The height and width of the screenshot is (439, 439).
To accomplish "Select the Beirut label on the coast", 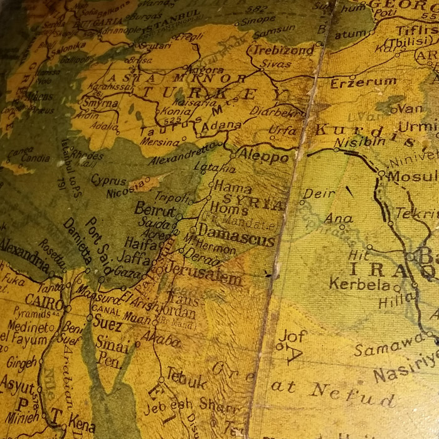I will [154, 211].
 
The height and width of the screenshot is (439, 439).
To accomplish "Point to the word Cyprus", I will [108, 181].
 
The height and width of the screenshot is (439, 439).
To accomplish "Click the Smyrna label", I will [98, 103].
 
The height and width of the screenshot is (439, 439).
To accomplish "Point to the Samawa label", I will [383, 346].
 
